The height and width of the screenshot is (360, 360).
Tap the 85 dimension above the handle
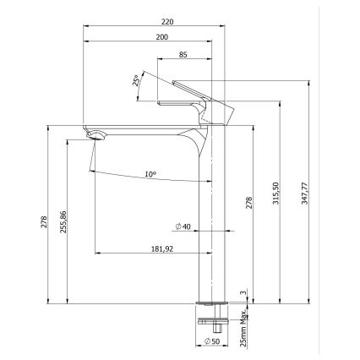pyautogui.click(x=183, y=56)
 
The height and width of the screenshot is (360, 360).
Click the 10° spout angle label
pyautogui.click(x=150, y=174)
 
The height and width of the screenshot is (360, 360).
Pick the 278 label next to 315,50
pyautogui.click(x=248, y=203)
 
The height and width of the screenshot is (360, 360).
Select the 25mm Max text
pyautogui.click(x=245, y=328)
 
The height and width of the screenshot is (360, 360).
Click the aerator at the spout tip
pyautogui.click(x=96, y=134)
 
